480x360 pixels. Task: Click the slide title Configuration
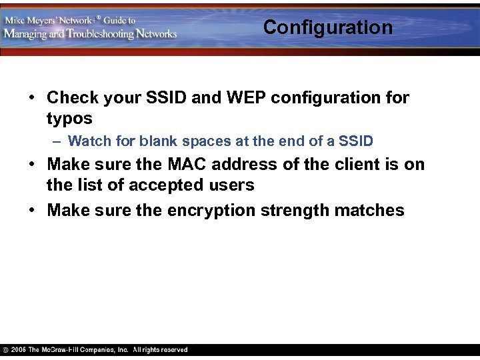pos(327,27)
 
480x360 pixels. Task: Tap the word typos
pos(69,119)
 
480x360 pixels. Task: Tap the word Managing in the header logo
pos(27,34)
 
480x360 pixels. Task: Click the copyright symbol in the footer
pos(5,350)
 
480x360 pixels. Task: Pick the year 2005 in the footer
pos(19,350)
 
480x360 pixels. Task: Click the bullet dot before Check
pos(32,98)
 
